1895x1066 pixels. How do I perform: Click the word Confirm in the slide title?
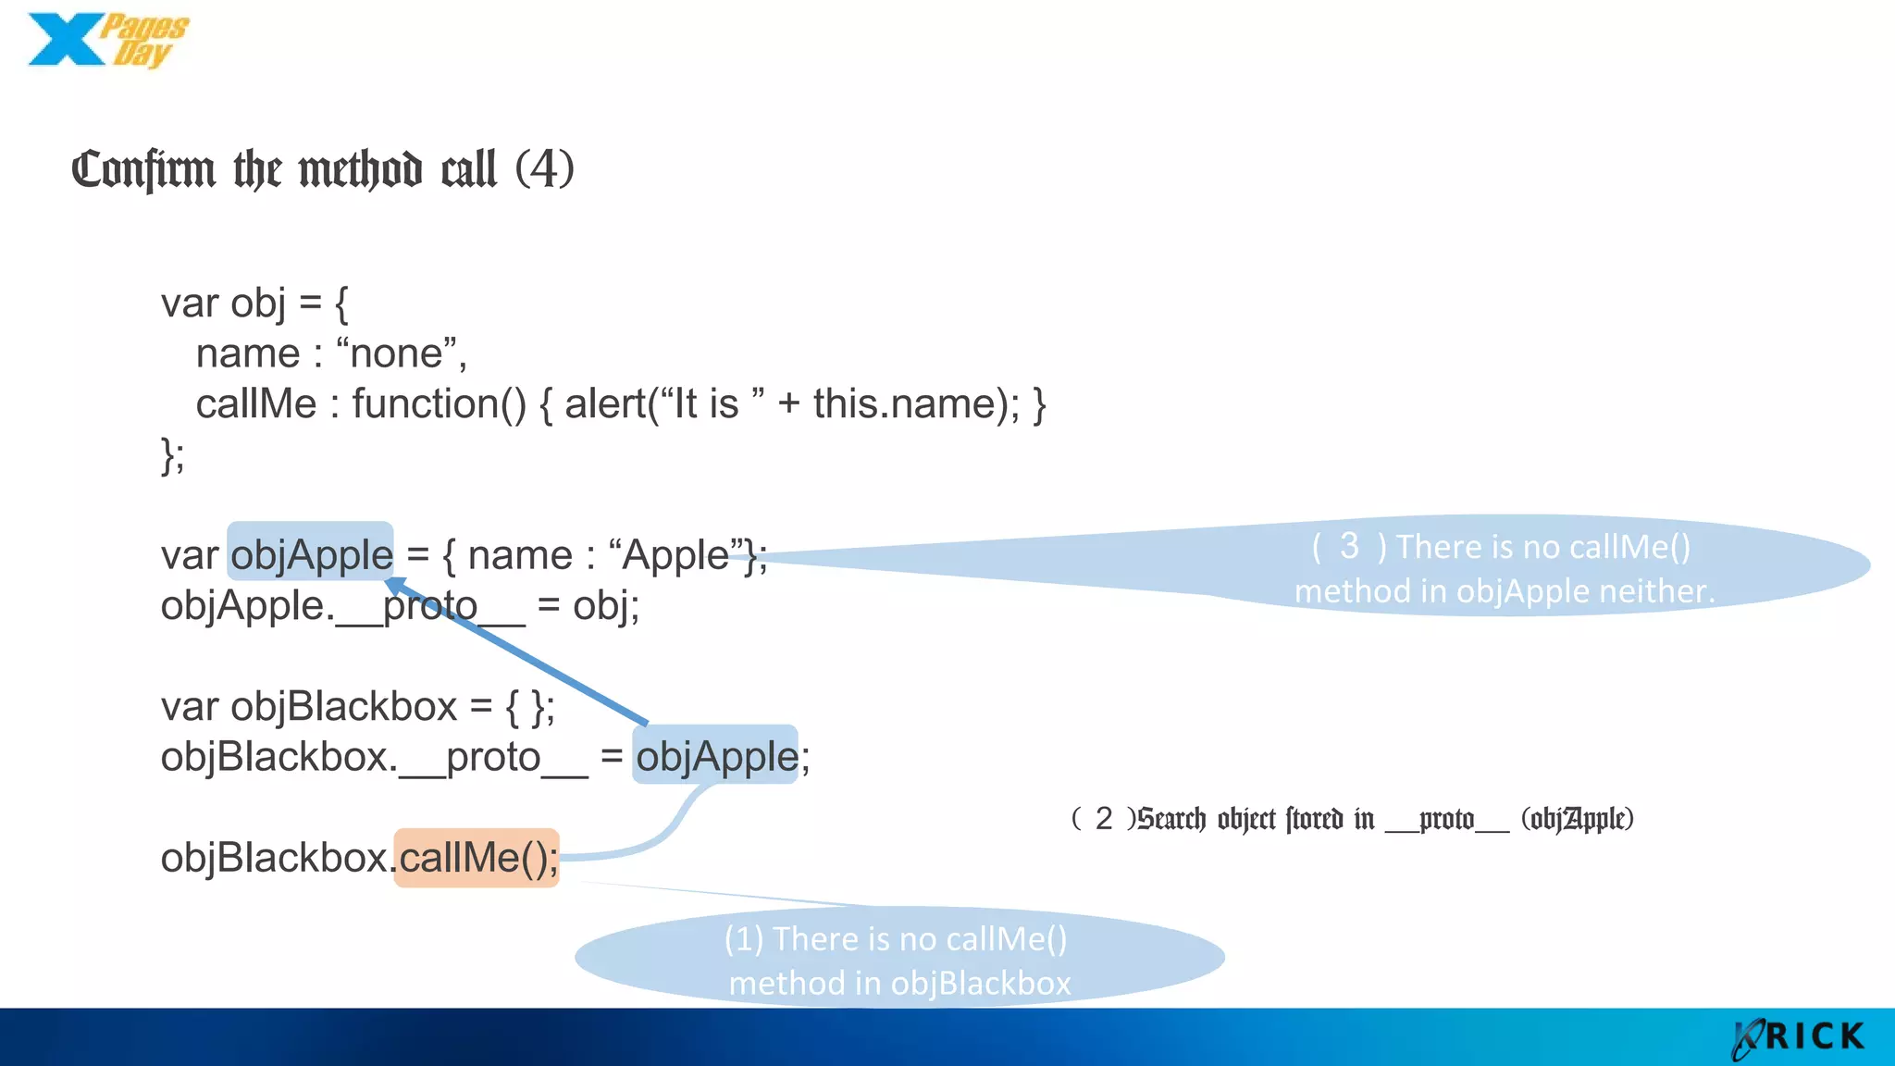143,170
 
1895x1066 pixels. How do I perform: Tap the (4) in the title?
544,168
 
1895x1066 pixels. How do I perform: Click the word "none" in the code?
396,353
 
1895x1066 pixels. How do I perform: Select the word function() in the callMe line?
439,404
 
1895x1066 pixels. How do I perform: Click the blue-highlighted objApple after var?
311,555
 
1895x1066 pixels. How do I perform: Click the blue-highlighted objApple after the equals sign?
715,757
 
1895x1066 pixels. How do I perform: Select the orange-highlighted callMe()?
477,858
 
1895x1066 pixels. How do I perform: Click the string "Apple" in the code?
676,555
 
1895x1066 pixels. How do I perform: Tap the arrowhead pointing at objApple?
395,586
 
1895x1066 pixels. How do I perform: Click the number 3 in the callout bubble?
1349,546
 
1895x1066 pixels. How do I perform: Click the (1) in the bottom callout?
743,939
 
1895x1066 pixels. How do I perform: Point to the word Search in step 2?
1171,819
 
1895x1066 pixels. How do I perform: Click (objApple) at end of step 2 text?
1577,819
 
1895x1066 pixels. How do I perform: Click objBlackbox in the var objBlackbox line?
343,707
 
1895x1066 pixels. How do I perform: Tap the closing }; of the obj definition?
172,455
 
